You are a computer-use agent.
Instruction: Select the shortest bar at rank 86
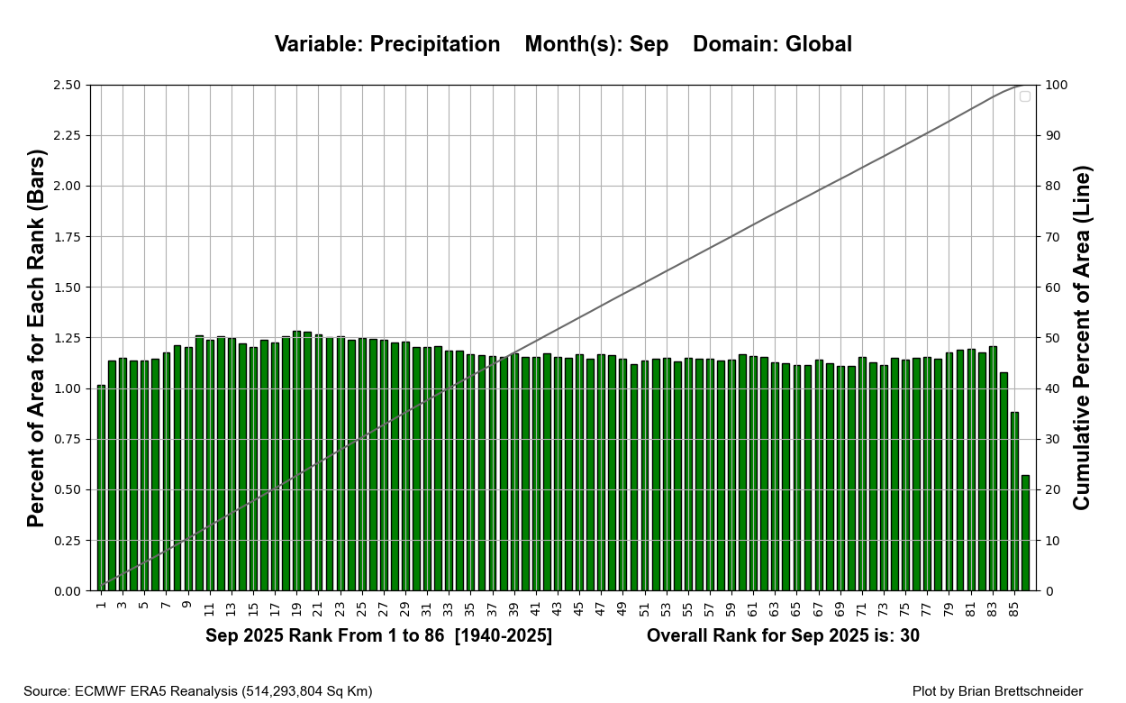click(x=1025, y=533)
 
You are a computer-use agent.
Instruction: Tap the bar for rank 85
click(x=1014, y=501)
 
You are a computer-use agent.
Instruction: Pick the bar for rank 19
click(x=297, y=461)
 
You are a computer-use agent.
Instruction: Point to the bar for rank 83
click(x=993, y=468)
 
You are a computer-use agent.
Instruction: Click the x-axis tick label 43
click(x=558, y=610)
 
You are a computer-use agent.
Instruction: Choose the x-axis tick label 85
click(x=1014, y=610)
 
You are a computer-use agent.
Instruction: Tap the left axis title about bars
click(x=36, y=338)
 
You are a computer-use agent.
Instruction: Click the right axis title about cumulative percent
click(x=1082, y=338)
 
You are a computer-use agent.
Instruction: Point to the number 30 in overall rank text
click(x=909, y=636)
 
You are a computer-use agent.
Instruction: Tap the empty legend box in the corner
click(x=1025, y=96)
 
